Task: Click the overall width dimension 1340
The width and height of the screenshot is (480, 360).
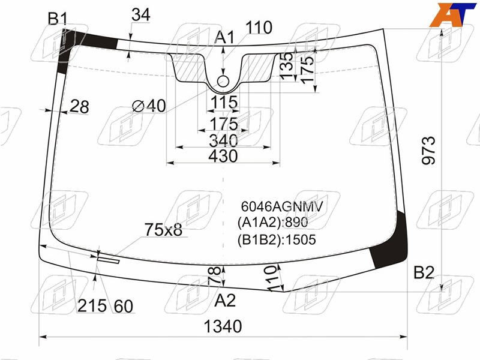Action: point(223,326)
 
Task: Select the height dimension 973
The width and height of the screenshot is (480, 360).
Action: point(428,151)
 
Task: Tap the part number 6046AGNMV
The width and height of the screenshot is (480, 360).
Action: point(281,206)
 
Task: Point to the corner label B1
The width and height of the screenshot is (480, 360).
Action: point(58,19)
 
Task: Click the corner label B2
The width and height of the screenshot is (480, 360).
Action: point(424,272)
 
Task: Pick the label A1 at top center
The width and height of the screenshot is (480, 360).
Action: point(224,38)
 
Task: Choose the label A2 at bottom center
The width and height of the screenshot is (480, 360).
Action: point(225,301)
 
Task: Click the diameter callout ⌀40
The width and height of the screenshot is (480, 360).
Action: point(149,106)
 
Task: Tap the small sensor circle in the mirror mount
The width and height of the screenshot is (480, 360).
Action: point(223,82)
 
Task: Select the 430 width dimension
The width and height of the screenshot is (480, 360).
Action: point(223,156)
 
